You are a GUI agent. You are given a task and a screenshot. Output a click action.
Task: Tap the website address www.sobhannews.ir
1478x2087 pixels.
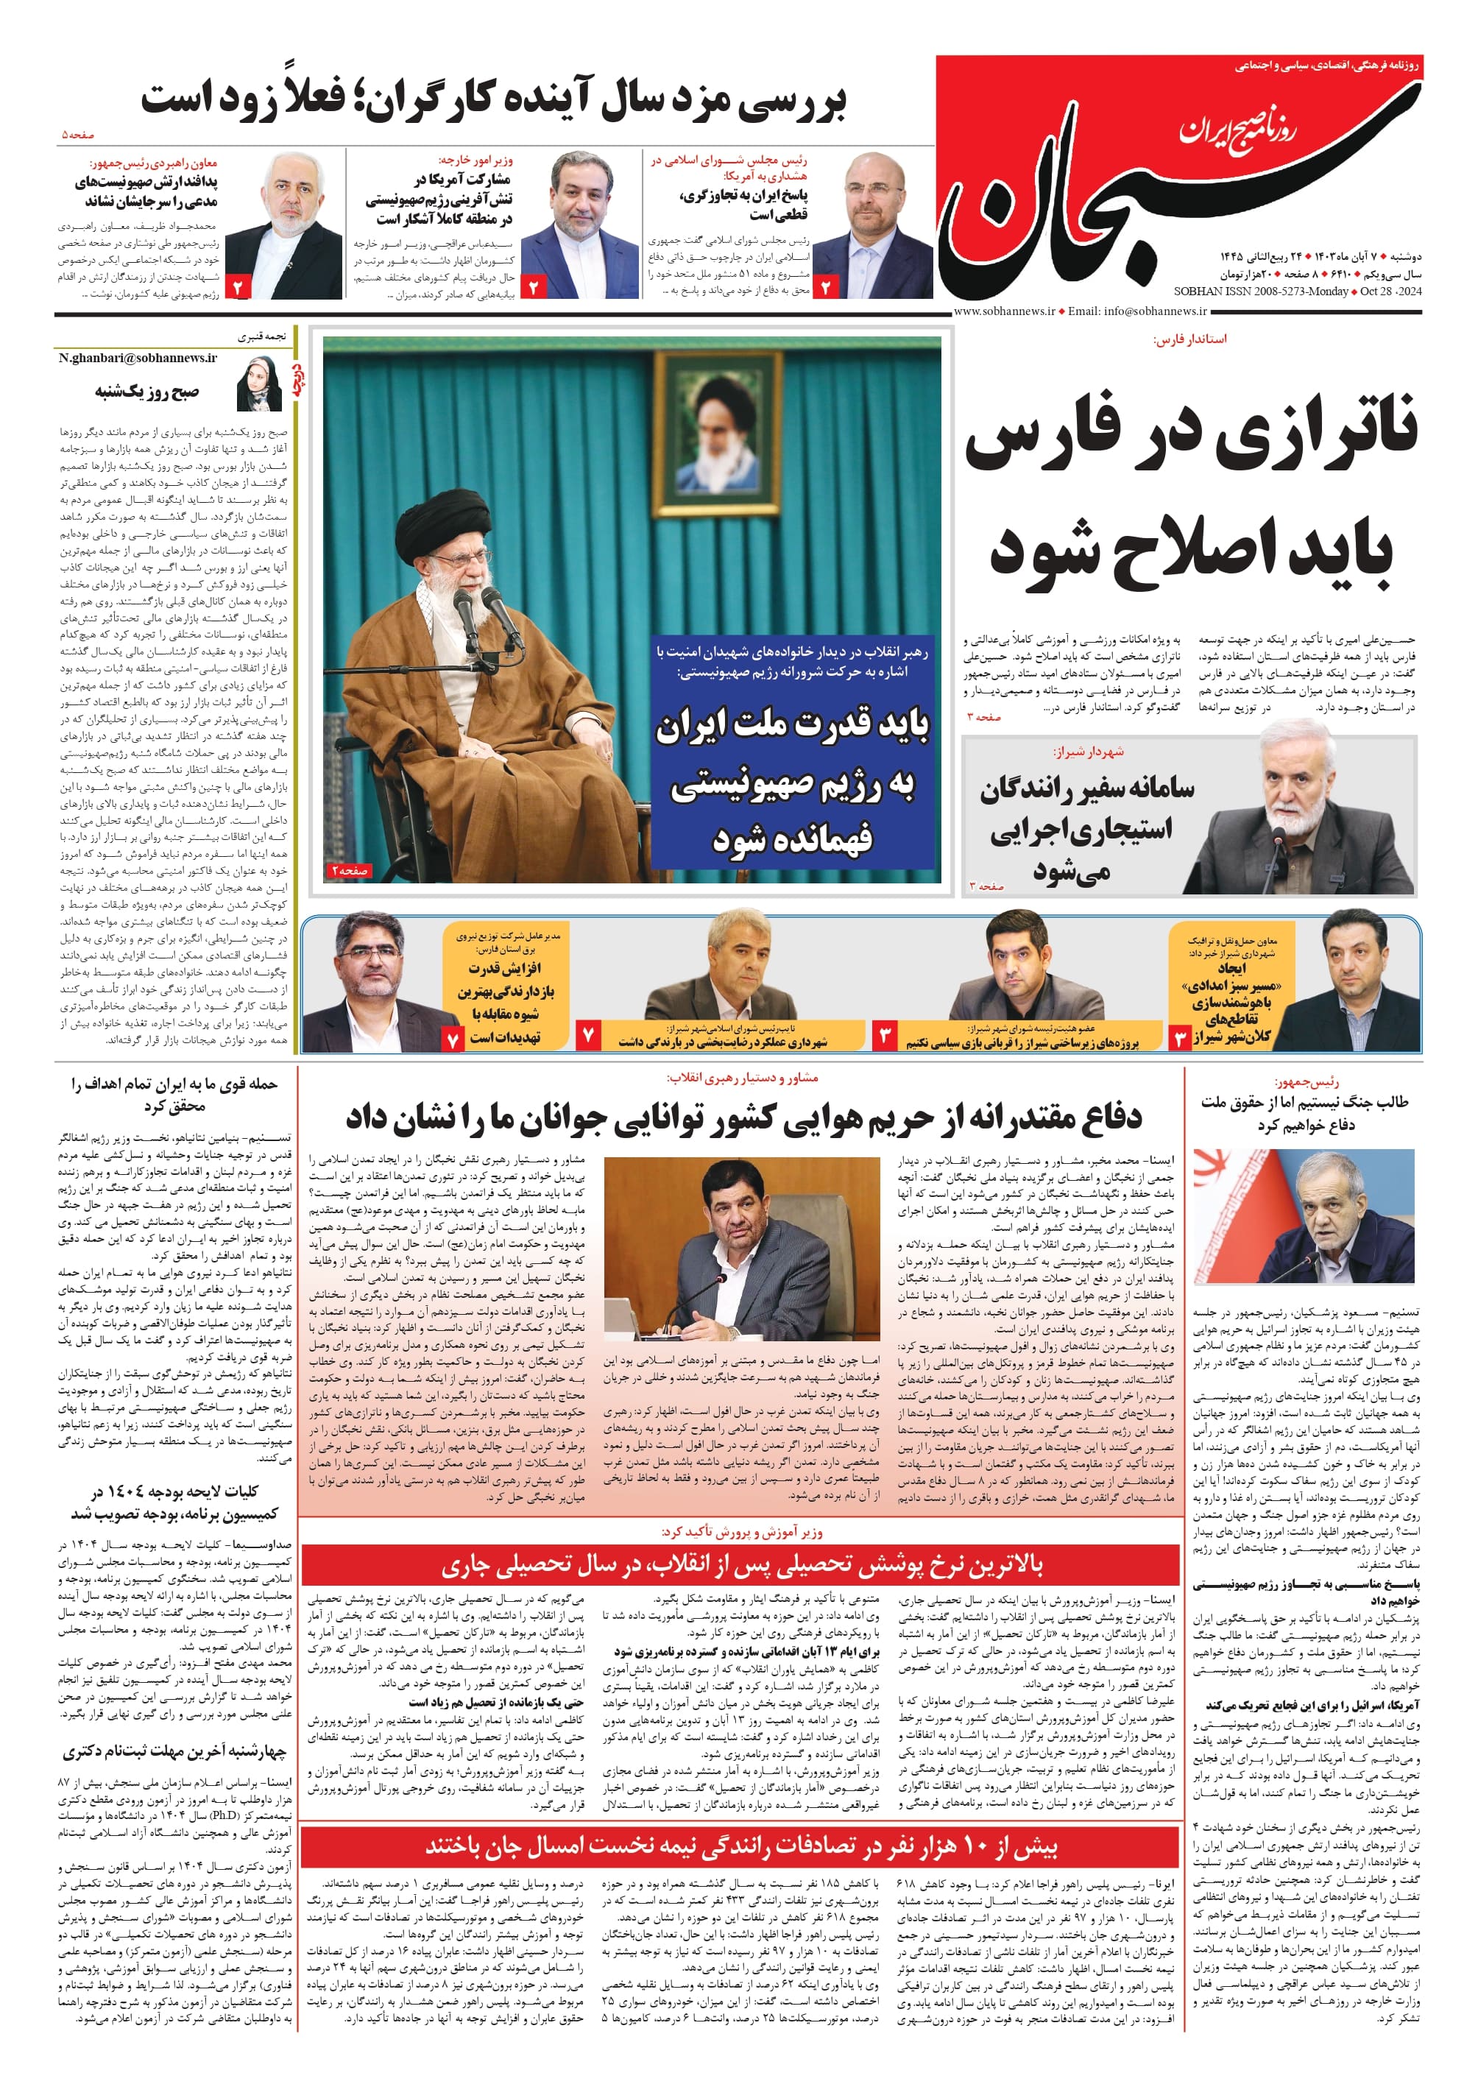1004,311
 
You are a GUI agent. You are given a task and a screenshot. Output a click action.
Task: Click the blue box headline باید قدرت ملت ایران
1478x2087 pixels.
792,725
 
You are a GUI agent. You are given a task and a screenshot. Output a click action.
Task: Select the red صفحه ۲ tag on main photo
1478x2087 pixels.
350,871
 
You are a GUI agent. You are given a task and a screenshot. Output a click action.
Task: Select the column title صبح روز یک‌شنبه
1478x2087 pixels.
146,392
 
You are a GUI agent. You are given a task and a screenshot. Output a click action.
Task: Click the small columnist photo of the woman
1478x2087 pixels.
258,382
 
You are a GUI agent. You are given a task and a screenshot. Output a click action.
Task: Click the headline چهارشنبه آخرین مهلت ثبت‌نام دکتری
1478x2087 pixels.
174,1751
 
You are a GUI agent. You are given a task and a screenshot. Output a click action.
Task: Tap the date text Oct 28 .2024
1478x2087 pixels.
1390,292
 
